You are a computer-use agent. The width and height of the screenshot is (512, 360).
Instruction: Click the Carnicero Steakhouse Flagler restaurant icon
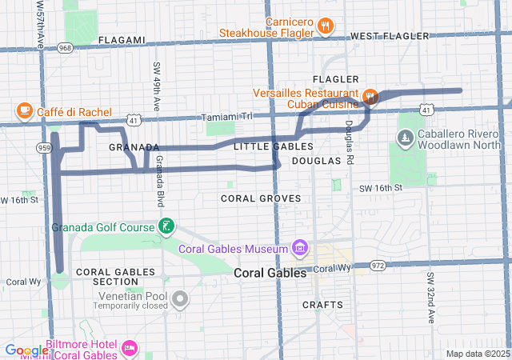point(325,26)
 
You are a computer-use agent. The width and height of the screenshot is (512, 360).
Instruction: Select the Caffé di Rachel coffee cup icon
point(24,111)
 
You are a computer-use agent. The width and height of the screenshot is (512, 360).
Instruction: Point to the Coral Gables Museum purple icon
point(299,248)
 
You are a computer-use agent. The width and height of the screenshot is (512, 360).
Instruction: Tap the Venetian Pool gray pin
point(181,300)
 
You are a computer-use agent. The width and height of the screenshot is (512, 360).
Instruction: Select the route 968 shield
point(66,48)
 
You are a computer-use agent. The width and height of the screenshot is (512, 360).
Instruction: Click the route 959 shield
point(45,148)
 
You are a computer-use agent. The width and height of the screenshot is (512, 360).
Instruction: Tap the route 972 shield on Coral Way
point(378,265)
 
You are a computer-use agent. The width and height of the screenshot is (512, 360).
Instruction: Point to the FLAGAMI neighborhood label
point(122,39)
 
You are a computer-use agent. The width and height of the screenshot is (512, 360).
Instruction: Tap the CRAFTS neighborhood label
point(322,305)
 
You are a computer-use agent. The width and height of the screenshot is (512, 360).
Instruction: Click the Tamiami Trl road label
point(226,116)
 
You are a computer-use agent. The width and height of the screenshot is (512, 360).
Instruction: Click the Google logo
point(26,350)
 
